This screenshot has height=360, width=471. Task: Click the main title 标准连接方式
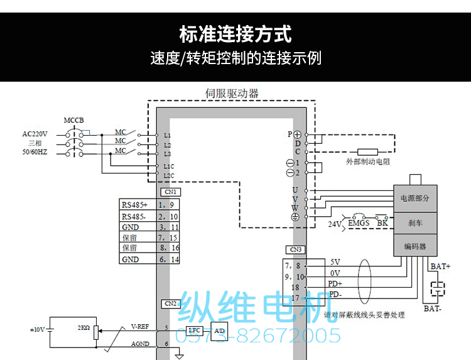235,33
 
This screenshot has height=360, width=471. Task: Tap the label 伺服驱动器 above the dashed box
232,94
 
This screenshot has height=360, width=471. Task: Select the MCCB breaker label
73,120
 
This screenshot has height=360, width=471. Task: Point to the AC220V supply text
35,134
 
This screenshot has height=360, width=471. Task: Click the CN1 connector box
171,192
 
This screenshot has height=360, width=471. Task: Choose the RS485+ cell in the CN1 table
134,205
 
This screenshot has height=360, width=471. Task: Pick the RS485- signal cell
134,216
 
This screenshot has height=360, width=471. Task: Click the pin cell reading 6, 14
168,259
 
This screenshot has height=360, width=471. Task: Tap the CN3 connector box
296,249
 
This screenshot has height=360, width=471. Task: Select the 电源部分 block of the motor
414,198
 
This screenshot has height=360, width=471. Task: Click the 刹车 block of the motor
414,222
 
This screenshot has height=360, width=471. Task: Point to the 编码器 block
414,246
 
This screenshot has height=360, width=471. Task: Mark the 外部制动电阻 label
368,161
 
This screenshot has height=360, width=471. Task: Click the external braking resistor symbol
367,151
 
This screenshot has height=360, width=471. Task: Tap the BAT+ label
441,266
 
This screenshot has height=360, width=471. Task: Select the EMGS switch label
359,223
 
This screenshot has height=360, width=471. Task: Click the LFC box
194,330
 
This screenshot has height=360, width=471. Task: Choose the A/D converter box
218,330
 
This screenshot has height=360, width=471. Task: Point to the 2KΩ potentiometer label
83,328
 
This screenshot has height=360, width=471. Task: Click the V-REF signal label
139,326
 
